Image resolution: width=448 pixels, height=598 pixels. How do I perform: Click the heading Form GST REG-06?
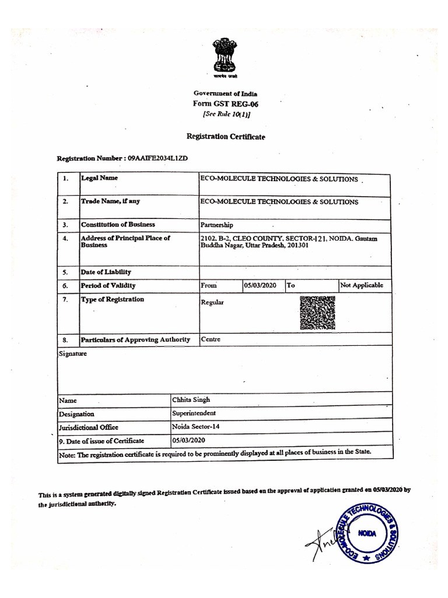[x=225, y=104]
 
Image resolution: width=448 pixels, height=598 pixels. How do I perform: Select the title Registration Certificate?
[x=225, y=136]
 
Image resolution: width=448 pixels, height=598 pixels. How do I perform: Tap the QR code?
[x=317, y=313]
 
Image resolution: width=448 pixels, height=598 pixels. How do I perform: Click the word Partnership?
[x=216, y=224]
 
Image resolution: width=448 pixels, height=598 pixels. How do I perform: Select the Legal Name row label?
[x=99, y=178]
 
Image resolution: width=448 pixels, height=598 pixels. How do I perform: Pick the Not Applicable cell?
[x=362, y=285]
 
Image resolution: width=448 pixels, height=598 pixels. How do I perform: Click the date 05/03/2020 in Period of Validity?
[x=260, y=286]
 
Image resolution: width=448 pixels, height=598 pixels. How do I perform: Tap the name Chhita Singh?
[x=191, y=400]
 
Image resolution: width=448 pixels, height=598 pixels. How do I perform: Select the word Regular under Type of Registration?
[x=212, y=303]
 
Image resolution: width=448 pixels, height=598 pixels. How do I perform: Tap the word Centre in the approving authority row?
[x=211, y=339]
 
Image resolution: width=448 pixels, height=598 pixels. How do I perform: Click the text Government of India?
[x=225, y=93]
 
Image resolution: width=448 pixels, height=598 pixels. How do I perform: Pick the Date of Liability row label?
[x=106, y=272]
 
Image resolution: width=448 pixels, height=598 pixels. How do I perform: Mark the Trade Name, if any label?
[x=110, y=201]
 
